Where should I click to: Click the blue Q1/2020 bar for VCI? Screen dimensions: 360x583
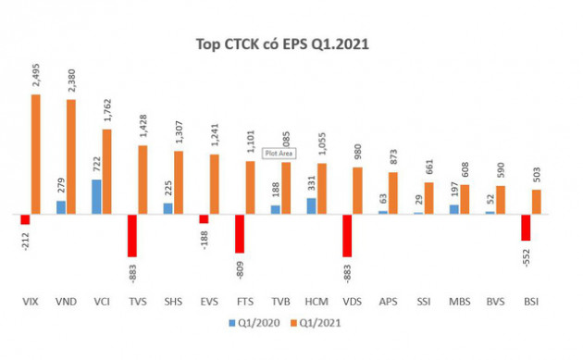tap(96, 196)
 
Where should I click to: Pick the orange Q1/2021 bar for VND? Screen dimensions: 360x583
tap(71, 156)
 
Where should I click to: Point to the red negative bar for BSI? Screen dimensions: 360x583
tap(526, 228)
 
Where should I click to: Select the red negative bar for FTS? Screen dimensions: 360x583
tap(239, 233)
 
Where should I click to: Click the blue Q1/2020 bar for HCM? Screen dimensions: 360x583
tap(311, 205)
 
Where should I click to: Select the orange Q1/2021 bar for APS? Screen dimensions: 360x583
tap(392, 192)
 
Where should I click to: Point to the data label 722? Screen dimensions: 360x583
tap(96, 163)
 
